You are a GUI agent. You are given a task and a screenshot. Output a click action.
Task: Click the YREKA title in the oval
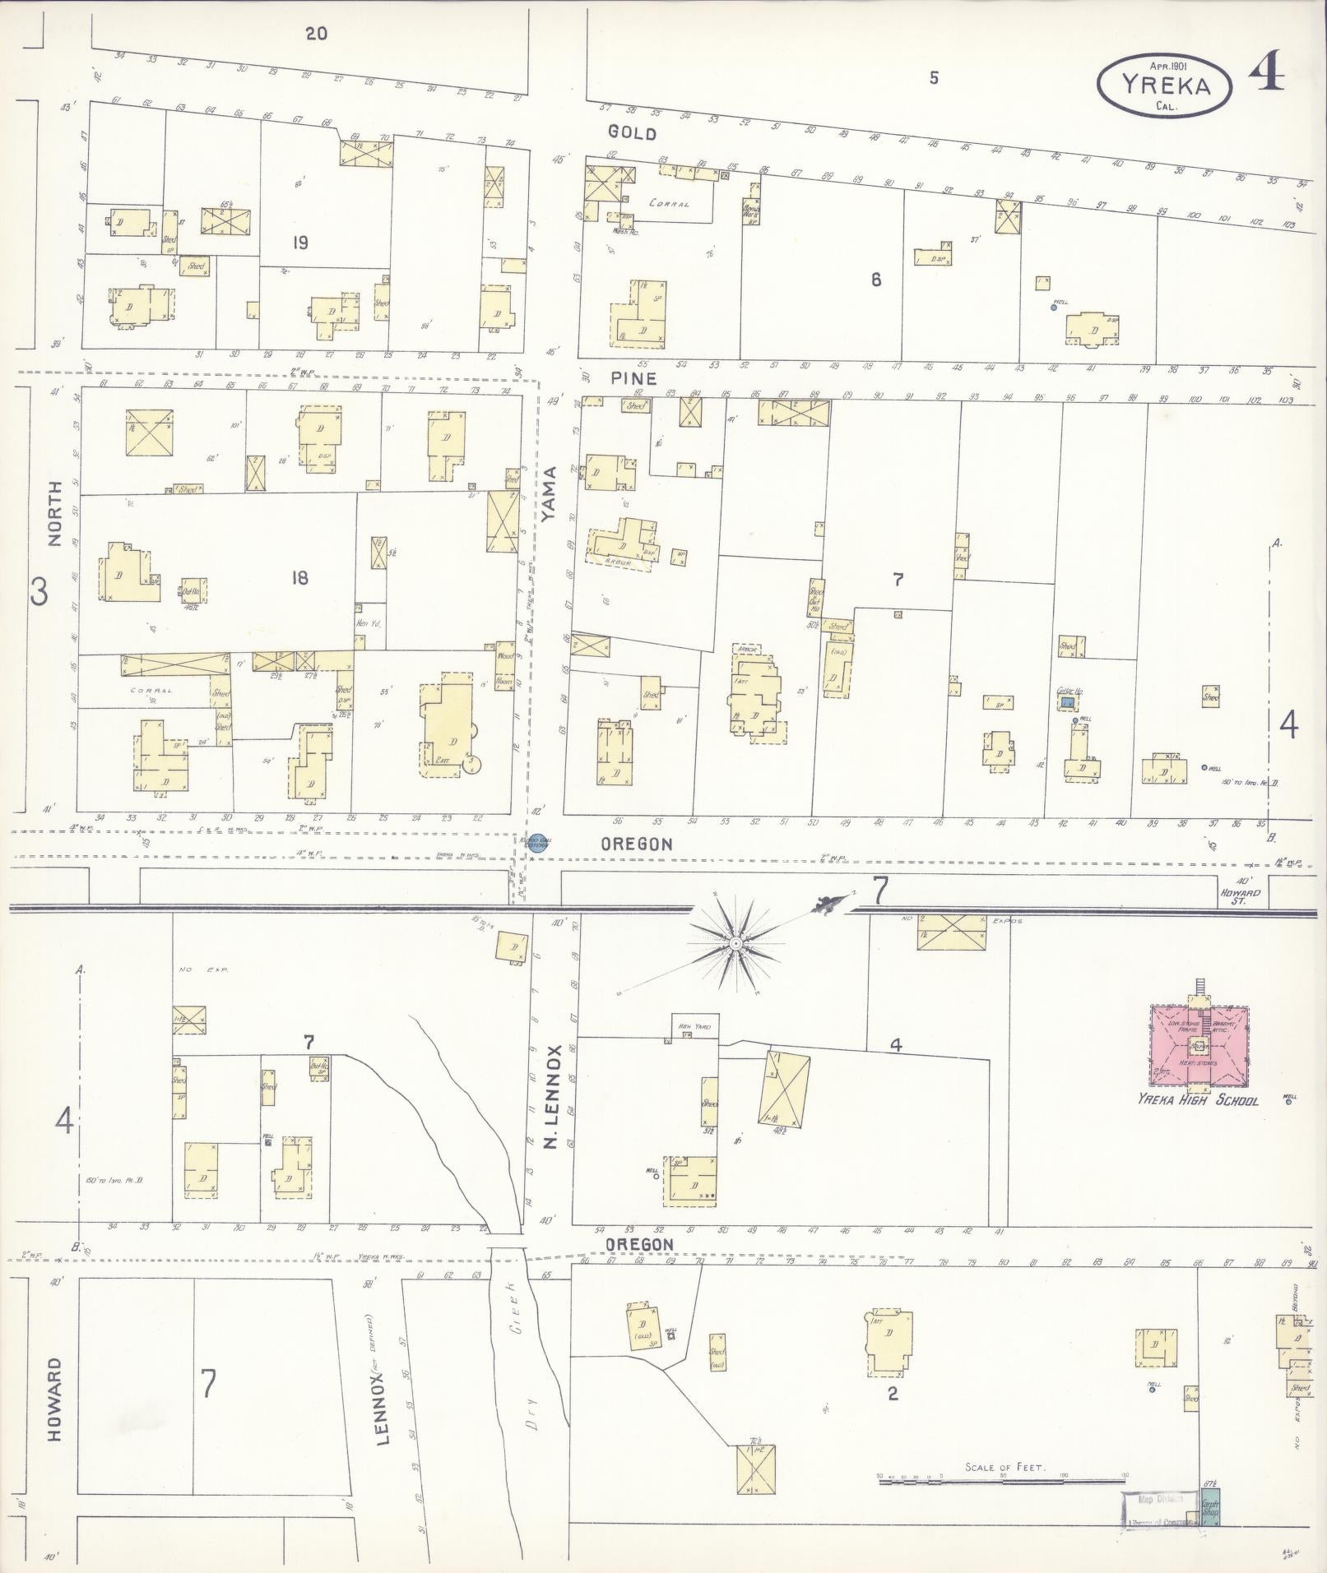tap(1165, 86)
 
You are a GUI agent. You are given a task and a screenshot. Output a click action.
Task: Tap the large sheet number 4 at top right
tap(1266, 76)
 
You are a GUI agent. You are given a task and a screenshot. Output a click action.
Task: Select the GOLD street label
tap(632, 132)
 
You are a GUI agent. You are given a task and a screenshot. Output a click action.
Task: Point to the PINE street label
tap(633, 378)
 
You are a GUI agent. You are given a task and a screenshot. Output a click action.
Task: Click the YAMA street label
tap(550, 493)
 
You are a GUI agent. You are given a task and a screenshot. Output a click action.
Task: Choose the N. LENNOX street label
tap(551, 1097)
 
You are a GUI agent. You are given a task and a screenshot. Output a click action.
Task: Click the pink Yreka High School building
tap(1198, 1045)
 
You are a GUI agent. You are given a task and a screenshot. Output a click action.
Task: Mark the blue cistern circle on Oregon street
tap(544, 842)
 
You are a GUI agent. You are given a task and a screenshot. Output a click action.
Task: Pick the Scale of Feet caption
tap(1005, 1466)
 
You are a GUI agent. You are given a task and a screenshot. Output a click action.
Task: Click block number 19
tap(299, 243)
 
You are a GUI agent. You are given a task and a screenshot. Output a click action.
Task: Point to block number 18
tap(299, 578)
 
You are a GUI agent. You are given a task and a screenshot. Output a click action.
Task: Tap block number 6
tap(876, 280)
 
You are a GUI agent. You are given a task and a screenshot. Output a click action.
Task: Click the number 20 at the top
tap(316, 34)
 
